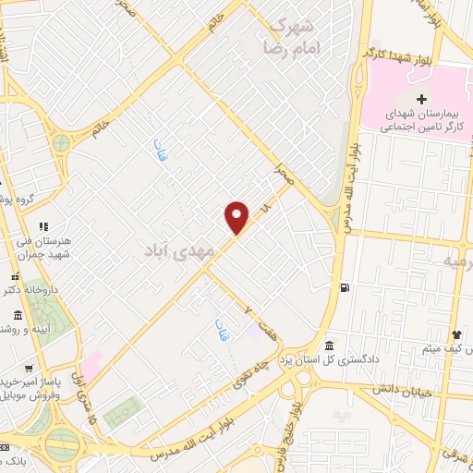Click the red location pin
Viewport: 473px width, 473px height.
click(x=237, y=218)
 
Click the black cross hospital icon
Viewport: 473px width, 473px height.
click(x=422, y=99)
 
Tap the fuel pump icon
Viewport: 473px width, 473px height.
click(x=345, y=287)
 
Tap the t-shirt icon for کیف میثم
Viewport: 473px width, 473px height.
click(x=455, y=334)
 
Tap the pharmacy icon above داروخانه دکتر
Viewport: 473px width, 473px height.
click(x=14, y=275)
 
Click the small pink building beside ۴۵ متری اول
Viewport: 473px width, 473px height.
click(x=92, y=358)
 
